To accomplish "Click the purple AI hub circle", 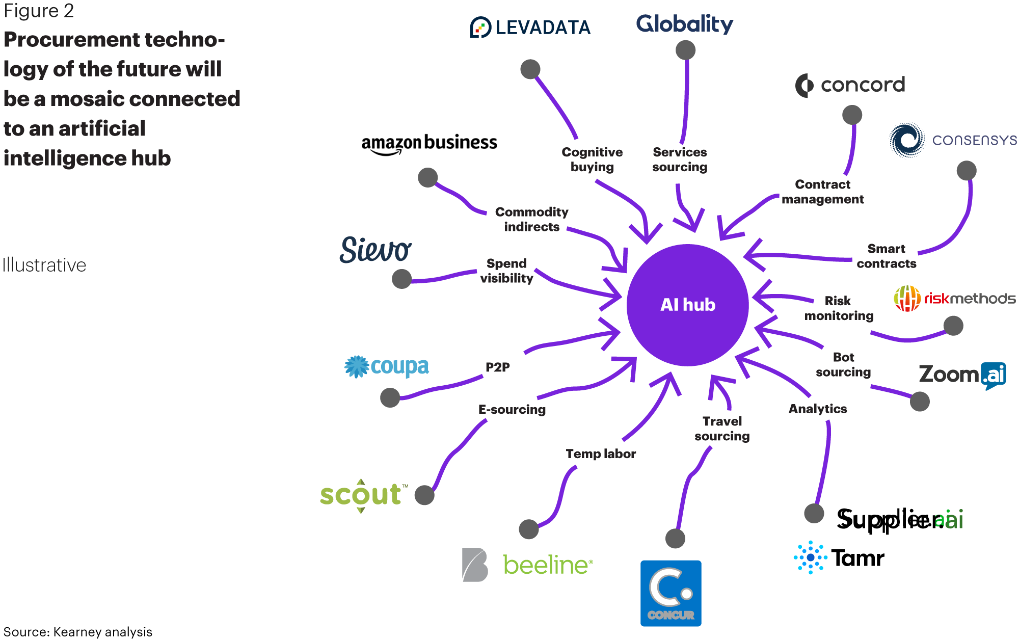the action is [687, 305].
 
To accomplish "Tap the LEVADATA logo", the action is [530, 27].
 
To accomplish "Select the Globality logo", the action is [685, 23].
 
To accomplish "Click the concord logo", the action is [850, 85].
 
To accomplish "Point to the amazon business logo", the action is [429, 144].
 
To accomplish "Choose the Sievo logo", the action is [376, 250].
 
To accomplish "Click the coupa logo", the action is [386, 366].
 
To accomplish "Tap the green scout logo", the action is [364, 495].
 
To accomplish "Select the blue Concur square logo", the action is [671, 593].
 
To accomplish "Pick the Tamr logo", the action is [839, 557].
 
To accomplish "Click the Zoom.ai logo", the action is [962, 375].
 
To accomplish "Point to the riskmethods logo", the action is [955, 298].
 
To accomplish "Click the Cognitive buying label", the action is [592, 159].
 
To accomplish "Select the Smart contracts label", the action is [887, 256].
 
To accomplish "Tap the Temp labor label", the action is [601, 454].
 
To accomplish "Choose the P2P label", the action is [498, 367].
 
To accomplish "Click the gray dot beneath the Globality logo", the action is [685, 50].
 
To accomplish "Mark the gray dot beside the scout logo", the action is [424, 495].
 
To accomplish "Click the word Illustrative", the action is [44, 265].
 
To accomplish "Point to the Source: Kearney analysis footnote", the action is [78, 632].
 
